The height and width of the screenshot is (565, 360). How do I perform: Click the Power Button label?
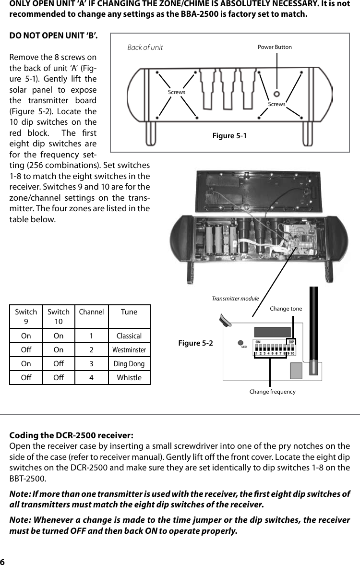[x=275, y=47]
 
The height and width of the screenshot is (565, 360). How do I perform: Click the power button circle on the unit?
[x=277, y=93]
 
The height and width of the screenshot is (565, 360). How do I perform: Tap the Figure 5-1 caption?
[x=229, y=136]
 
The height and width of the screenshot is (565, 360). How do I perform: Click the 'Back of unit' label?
[x=145, y=48]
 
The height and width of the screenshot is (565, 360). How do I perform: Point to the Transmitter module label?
[x=235, y=299]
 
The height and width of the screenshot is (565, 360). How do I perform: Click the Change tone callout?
[x=286, y=309]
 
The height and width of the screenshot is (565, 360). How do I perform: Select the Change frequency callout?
[x=272, y=392]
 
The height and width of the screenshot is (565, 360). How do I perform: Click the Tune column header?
[x=129, y=312]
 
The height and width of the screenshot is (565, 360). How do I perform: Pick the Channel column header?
[x=91, y=312]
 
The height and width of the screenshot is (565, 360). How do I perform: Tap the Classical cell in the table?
[x=129, y=336]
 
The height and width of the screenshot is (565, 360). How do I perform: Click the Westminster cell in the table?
[x=129, y=350]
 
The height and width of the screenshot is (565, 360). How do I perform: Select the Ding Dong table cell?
[x=129, y=364]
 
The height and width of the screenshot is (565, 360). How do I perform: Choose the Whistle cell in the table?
[x=129, y=378]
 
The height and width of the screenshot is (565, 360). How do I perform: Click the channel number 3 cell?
[x=91, y=364]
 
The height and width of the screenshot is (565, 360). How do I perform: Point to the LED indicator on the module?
[x=241, y=343]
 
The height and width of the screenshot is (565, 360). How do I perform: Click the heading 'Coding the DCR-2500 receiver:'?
[x=72, y=436]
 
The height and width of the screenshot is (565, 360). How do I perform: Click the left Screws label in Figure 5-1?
[x=176, y=92]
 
